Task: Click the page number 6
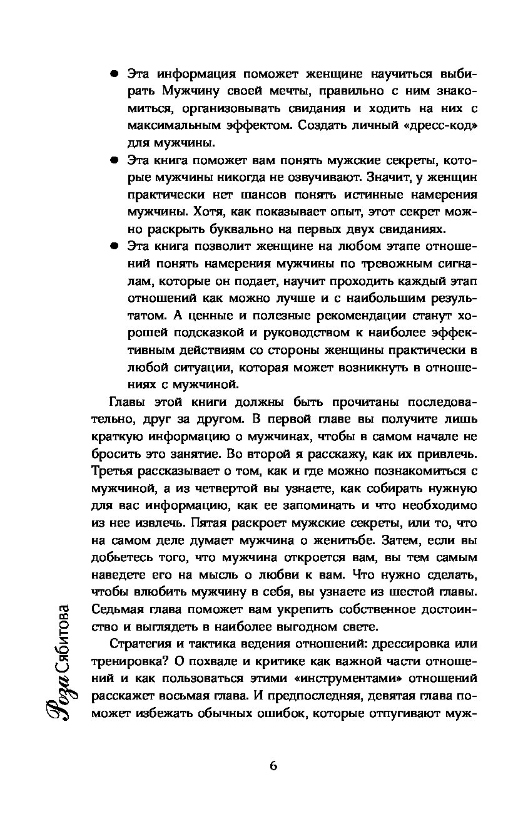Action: click(273, 765)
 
